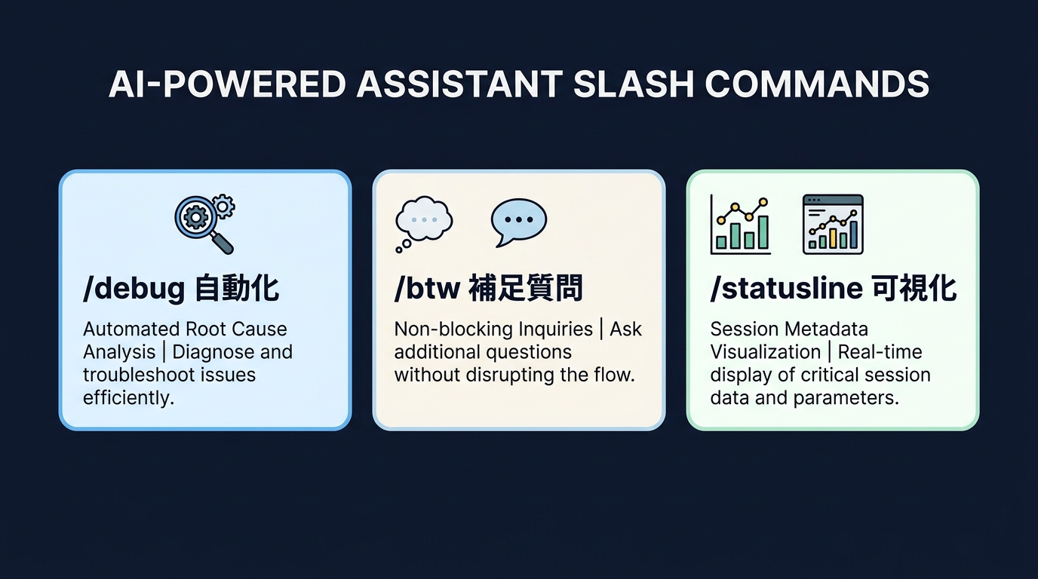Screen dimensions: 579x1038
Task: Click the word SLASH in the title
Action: (x=633, y=84)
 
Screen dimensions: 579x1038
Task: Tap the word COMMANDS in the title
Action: (x=817, y=84)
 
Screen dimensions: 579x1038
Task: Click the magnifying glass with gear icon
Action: (x=204, y=223)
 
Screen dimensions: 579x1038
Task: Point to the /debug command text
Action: (x=134, y=289)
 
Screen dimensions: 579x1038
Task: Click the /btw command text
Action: (x=426, y=289)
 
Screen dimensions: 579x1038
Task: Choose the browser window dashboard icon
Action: (x=833, y=224)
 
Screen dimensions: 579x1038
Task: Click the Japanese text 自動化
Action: (x=236, y=289)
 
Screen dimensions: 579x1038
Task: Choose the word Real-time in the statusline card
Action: (x=880, y=352)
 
